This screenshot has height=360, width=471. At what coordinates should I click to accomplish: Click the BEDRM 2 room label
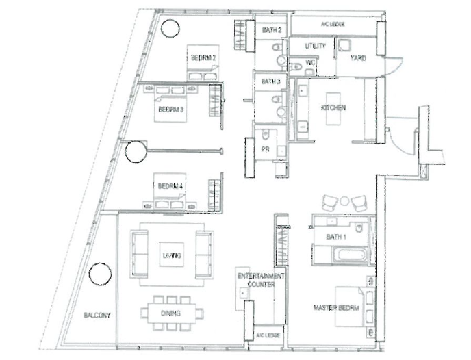[203, 57]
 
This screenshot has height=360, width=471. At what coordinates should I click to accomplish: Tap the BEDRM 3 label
[170, 110]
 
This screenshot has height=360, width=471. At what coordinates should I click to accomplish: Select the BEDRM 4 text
[170, 186]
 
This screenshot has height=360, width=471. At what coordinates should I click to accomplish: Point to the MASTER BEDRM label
[336, 308]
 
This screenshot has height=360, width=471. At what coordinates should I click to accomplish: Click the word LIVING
[172, 255]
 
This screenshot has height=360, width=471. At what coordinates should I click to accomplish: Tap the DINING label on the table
[170, 313]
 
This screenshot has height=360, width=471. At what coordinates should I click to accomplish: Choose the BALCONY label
[97, 316]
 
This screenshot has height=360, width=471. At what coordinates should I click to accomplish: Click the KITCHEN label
[333, 107]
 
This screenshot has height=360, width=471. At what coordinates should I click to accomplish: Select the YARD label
[358, 58]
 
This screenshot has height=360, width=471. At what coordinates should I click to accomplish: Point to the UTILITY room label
[315, 46]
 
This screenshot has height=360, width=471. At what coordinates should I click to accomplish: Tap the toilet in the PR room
[266, 135]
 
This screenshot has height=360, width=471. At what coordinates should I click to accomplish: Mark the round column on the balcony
[101, 274]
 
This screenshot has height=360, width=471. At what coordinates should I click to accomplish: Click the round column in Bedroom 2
[170, 29]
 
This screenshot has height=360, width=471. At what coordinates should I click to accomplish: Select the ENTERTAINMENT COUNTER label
[261, 280]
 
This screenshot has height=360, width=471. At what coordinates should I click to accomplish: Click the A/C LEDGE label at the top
[333, 25]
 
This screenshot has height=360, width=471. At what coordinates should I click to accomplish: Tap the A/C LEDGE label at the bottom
[268, 335]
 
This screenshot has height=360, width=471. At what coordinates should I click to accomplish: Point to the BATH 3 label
[270, 81]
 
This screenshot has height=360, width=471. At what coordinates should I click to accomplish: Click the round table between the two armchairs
[345, 201]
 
